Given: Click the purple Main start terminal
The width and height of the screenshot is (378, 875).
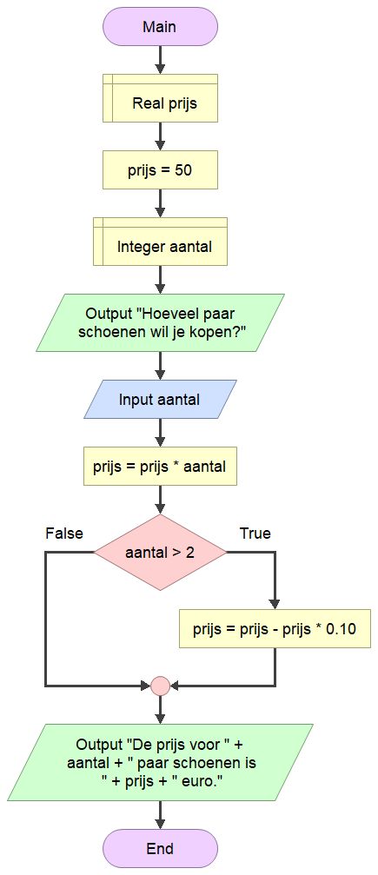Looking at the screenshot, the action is tap(160, 26).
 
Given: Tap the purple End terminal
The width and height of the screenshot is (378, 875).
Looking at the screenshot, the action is tap(160, 848).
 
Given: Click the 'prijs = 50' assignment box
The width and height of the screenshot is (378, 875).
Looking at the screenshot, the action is tap(160, 170).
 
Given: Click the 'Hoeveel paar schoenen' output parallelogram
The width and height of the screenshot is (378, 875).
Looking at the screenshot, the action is tap(160, 323).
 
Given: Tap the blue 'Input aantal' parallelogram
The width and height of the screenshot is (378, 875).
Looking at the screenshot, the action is tap(160, 400).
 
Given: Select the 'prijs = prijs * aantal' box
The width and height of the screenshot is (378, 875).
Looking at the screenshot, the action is tap(160, 466).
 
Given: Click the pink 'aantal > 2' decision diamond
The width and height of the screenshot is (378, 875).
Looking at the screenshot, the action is tap(160, 553).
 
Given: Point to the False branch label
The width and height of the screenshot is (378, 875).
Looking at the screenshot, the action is tap(64, 534).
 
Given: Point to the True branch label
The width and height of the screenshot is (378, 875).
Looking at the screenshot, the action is tap(255, 534).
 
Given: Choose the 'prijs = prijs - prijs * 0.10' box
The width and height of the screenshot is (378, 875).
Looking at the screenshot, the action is tap(275, 629).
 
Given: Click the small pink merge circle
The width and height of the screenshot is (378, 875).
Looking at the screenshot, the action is tap(160, 686).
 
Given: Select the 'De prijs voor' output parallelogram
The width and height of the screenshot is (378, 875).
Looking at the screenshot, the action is tap(160, 762).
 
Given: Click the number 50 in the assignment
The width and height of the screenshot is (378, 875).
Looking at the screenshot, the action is tap(183, 170).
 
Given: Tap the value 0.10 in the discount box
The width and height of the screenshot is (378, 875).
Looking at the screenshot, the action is tap(341, 629).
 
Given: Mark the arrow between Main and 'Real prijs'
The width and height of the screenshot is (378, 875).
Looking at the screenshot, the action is tap(160, 60).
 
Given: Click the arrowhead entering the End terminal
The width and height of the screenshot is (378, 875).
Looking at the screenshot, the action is tap(160, 824).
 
